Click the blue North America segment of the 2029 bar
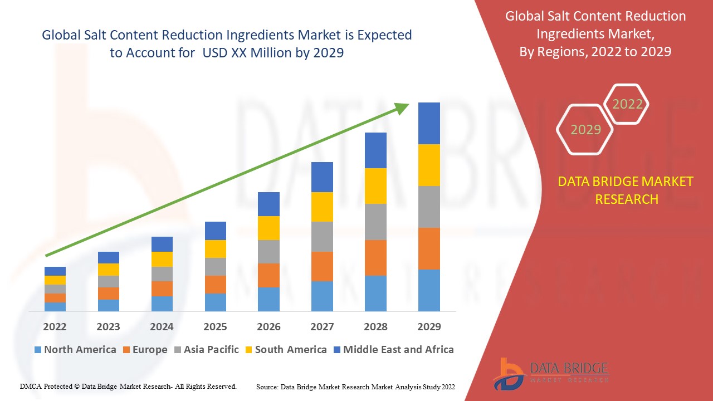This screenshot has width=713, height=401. tap(429, 290)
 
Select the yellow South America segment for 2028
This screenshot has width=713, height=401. tap(375, 186)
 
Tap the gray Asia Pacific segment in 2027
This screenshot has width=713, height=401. tap(322, 237)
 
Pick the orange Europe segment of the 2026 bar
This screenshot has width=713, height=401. tap(268, 275)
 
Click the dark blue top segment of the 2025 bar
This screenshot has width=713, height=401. tap(216, 231)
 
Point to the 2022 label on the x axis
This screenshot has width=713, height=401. tap(55, 326)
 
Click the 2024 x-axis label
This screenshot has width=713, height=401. tap(162, 326)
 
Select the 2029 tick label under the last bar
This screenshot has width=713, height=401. tap(429, 326)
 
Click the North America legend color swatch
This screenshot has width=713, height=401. tap(38, 350)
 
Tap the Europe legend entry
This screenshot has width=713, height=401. tap(149, 350)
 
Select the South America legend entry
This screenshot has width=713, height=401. tap(290, 350)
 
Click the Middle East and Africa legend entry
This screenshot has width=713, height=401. tap(398, 350)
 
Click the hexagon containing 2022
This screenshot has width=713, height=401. tap(627, 104)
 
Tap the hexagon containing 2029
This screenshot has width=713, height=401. tap(585, 130)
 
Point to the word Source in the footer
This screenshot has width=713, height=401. tap(267, 387)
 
